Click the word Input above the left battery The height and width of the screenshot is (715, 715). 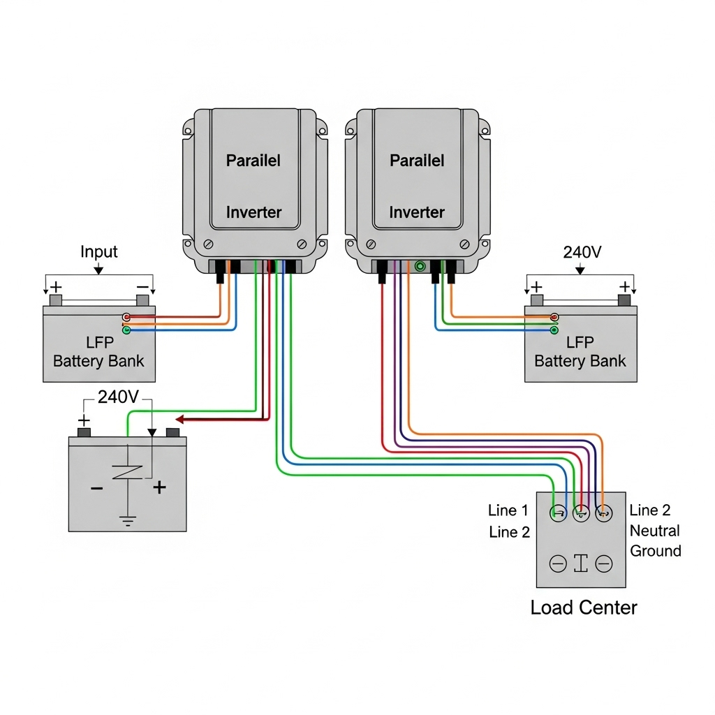99,251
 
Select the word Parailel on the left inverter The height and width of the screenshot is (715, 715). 253,160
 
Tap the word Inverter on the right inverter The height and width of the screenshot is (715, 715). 417,212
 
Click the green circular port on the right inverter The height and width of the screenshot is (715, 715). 420,266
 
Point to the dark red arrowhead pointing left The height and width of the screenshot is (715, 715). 179,420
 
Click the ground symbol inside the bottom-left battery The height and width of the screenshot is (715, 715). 126,520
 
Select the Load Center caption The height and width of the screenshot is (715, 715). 584,607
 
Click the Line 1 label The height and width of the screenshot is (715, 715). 509,510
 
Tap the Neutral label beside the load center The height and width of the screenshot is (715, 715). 654,531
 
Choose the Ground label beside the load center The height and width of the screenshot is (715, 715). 656,551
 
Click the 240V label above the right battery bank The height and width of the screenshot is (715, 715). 582,252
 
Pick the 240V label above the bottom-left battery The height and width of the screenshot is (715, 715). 118,397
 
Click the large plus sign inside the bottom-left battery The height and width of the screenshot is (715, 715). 160,487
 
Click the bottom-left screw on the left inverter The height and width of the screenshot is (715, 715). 207,244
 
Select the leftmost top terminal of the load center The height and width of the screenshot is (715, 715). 559,514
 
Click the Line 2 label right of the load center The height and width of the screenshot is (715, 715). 650,510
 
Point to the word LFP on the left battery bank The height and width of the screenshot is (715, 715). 98,342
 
